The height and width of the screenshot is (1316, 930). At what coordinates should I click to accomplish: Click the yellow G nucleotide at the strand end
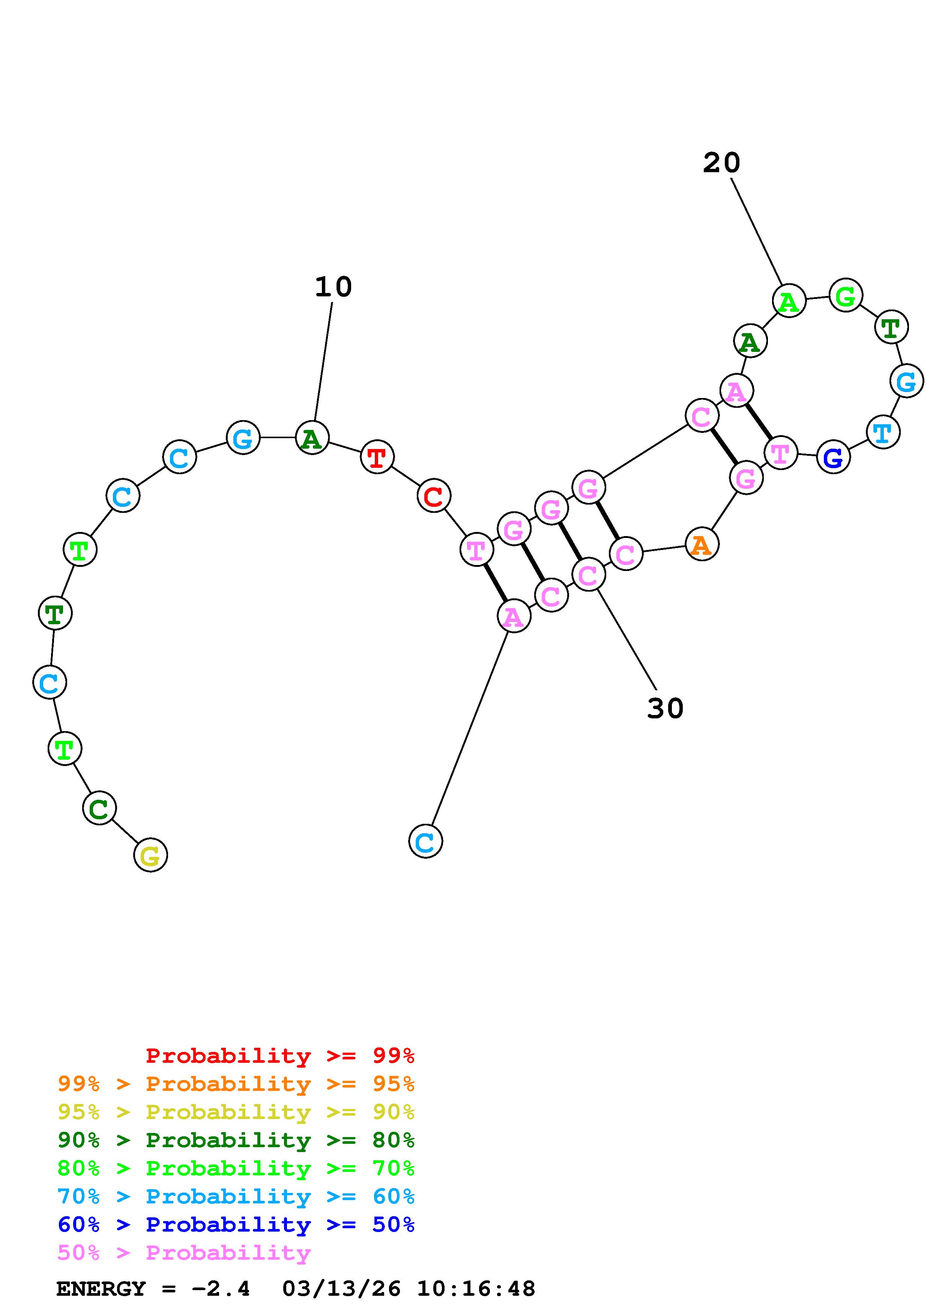150,855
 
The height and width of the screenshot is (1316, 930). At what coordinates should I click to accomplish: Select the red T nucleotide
377,457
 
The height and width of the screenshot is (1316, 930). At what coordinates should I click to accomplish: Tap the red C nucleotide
434,496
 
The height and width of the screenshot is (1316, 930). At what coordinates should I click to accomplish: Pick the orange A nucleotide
702,544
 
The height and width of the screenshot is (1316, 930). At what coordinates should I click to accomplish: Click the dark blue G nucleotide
833,457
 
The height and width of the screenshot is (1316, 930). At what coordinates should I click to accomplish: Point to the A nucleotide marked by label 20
789,301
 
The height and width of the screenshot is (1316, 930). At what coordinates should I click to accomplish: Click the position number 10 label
333,287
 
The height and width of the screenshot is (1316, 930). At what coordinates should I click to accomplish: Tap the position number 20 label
721,163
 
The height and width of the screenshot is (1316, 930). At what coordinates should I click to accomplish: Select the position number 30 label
665,708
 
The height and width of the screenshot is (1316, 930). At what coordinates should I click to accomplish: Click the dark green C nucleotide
99,808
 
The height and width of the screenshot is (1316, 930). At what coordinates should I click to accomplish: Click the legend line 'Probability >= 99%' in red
280,1055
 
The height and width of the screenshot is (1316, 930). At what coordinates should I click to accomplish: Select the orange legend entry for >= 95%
236,1083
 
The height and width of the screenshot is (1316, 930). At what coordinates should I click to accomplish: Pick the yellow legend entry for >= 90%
236,1112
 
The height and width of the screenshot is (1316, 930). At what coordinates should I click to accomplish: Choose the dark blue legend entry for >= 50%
236,1224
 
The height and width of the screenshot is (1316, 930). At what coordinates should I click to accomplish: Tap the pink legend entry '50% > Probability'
184,1252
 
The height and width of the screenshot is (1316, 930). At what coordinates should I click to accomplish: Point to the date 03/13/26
341,1289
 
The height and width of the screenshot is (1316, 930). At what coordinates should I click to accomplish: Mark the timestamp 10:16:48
476,1289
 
